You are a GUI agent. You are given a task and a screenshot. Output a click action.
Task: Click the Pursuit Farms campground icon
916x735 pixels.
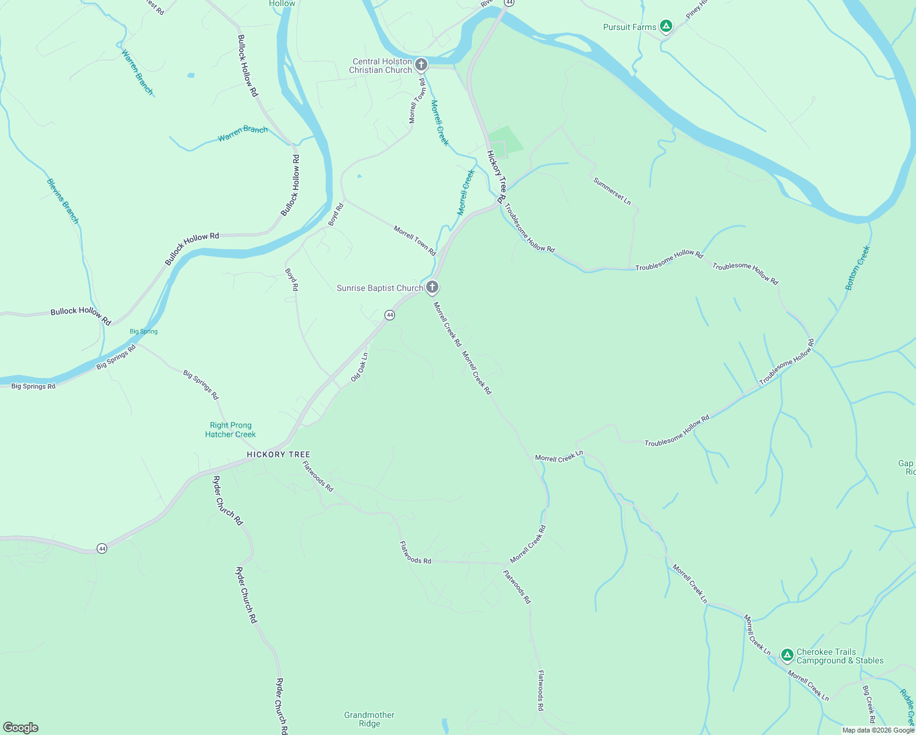pos(666,26)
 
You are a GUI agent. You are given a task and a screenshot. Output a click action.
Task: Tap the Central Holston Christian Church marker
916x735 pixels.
pos(421,64)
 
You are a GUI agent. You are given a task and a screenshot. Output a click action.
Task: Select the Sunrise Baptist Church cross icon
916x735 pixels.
pos(432,287)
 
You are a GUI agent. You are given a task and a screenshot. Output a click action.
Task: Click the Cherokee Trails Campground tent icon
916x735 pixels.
pos(787,655)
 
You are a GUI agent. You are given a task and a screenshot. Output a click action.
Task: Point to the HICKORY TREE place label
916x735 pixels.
pos(279,454)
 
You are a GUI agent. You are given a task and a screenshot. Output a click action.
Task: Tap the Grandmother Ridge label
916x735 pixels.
pos(369,719)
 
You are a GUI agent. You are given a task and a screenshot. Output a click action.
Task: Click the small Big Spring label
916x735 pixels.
pos(144,331)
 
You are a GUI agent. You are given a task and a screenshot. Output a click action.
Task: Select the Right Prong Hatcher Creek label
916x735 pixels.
pos(230,429)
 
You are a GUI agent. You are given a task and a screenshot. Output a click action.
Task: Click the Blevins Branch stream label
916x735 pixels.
pos(63,201)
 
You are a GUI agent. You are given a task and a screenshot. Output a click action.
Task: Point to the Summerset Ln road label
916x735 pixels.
pos(612,190)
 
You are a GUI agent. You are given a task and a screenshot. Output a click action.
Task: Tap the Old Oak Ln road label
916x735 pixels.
pos(359,367)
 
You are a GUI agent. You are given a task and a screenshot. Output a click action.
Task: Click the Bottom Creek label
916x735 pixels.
pos(857,268)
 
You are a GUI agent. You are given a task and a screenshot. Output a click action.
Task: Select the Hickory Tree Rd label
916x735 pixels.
pos(496,177)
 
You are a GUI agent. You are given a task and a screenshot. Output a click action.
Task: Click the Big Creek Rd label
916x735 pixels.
pos(869,704)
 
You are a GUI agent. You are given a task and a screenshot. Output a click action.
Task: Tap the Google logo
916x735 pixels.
pos(21,728)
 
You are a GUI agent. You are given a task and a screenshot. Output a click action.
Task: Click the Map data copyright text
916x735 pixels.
pos(878,730)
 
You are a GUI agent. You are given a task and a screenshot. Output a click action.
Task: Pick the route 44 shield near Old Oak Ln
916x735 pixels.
pos(389,315)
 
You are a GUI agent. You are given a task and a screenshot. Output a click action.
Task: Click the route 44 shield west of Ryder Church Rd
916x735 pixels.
pos(102,548)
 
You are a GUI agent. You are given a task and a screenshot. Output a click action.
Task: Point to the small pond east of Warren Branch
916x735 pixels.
pos(191,75)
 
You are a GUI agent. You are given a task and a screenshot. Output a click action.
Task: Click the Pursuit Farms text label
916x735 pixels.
pos(629,27)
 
